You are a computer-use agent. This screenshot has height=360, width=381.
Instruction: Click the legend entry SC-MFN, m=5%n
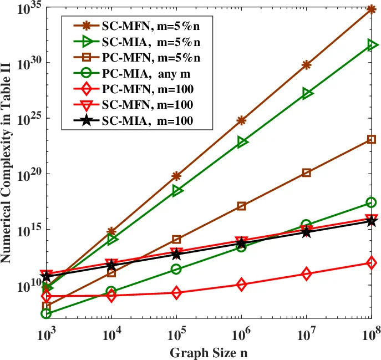pos(150,26)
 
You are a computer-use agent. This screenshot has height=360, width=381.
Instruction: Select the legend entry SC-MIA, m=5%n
pos(150,42)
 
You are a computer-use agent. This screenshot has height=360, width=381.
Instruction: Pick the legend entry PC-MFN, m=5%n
pos(150,57)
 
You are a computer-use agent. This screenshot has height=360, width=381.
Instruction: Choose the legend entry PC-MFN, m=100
pos(148,89)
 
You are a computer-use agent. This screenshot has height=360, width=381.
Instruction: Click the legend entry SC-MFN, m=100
pos(148,104)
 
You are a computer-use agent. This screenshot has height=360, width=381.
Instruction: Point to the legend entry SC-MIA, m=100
pos(148,120)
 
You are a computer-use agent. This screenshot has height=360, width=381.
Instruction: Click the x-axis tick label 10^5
pos(176,334)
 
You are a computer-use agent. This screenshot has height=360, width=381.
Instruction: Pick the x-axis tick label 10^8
pos(371,334)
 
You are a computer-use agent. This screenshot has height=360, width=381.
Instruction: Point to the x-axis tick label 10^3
pos(47,334)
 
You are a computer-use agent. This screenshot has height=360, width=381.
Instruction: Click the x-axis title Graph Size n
pos(209,352)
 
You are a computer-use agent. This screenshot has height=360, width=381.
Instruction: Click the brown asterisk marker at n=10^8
pos(371,9)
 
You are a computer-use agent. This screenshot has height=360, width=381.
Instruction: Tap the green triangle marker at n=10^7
pos(307,94)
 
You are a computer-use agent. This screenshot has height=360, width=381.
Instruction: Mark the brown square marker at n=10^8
pos(371,139)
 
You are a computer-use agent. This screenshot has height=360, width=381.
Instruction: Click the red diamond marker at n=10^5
pos(176,293)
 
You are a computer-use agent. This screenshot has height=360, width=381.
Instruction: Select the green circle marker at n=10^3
pos(47,313)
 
